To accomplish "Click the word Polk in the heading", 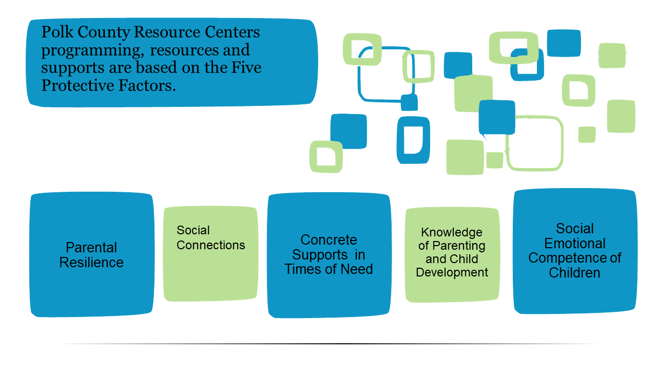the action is click(x=57, y=32).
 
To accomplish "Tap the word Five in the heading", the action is click(x=246, y=67).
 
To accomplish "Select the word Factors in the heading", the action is click(x=147, y=85).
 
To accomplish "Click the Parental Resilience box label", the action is click(x=91, y=255).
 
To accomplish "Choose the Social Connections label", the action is click(x=210, y=237).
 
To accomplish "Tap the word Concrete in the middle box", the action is click(x=328, y=240).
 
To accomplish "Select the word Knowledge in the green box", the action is click(x=452, y=233).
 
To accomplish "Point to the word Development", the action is click(x=452, y=272).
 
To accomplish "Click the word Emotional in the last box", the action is click(x=574, y=244).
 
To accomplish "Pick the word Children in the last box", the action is click(x=574, y=273).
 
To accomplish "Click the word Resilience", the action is click(x=91, y=262).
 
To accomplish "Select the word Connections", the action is click(x=210, y=245).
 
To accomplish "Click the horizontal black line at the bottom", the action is click(x=328, y=344).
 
